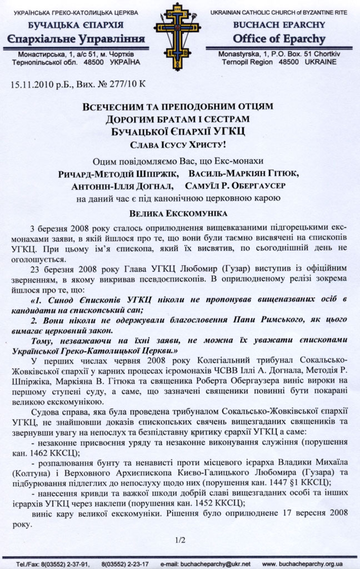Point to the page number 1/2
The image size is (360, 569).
click(x=179, y=538)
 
